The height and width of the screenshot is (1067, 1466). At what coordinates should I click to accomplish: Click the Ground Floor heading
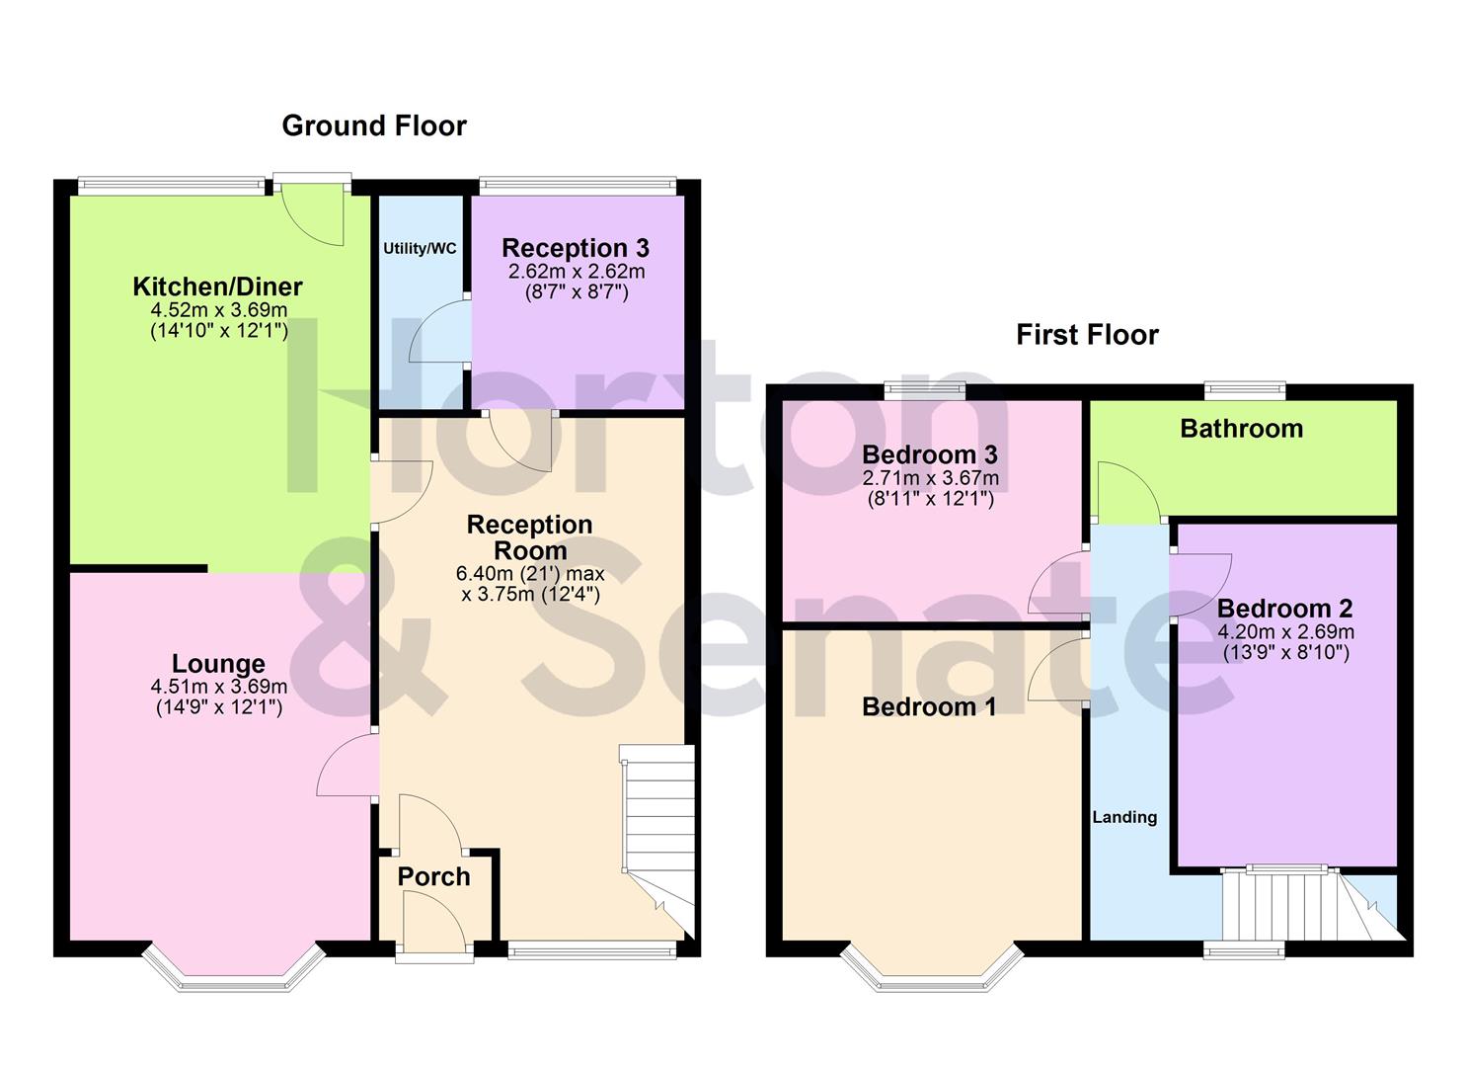(374, 125)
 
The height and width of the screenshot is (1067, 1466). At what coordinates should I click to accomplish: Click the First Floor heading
(1087, 335)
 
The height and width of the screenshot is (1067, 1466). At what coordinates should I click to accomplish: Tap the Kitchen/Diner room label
(217, 287)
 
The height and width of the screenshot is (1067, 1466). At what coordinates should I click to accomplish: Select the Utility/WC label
(420, 249)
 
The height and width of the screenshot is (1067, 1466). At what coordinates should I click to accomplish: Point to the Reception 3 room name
(575, 248)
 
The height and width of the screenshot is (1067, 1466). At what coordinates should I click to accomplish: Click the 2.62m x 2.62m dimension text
(576, 272)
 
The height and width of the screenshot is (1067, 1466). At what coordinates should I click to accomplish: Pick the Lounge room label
(218, 664)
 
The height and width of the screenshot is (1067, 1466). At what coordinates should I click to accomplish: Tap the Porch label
(433, 876)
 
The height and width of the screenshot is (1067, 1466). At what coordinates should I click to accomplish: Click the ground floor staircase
(657, 840)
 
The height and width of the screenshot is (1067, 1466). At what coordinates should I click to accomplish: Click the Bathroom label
(1241, 429)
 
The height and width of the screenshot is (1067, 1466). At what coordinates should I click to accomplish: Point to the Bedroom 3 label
(929, 454)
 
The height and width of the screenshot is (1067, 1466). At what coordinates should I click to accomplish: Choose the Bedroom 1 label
(928, 706)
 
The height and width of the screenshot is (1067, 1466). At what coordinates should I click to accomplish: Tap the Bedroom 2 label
(1284, 609)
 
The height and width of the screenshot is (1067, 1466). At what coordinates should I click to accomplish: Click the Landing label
(1124, 817)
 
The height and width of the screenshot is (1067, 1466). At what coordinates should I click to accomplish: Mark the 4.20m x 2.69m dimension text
(1285, 632)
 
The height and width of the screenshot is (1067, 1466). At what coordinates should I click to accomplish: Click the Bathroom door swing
(1131, 494)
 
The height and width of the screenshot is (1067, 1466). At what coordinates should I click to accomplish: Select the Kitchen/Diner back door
(313, 212)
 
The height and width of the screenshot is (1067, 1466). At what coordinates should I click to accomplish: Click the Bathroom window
(1244, 390)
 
